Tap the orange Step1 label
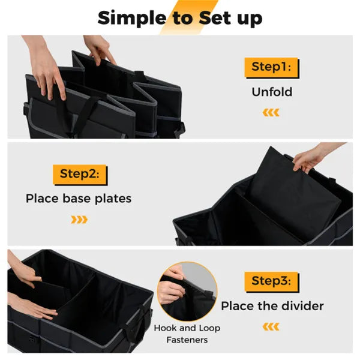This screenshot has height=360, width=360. click(271, 67)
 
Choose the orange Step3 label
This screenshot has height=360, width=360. click(271, 281)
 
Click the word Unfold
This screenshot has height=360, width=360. click(271, 92)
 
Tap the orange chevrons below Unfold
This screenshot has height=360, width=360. click(271, 113)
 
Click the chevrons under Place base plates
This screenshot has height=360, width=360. click(79, 220)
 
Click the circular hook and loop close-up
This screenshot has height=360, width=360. click(187, 290)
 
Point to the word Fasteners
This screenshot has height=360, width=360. click(187, 340)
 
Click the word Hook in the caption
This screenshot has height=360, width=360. click(166, 328)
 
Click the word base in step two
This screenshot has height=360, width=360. click(73, 198)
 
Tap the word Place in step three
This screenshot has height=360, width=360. click(236, 306)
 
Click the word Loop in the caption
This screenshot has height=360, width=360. click(208, 328)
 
